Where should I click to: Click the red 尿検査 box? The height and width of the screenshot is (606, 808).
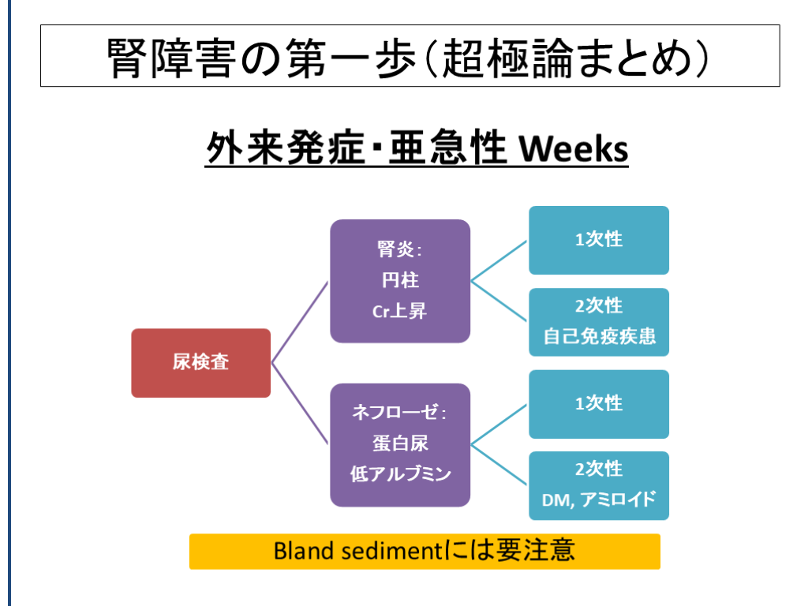pos(200,363)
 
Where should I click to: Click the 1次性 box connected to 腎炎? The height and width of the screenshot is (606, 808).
pos(599,240)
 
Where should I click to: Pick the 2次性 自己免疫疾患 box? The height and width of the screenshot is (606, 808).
pos(599,322)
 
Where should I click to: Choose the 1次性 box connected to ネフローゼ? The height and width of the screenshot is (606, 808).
pos(599,404)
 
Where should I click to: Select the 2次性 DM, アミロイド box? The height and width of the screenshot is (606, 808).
pos(599,485)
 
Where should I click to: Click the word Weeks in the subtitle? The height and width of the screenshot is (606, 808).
pos(572,149)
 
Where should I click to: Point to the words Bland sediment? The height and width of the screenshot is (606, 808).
pos(355,551)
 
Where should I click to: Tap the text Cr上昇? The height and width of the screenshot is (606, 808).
pos(400,311)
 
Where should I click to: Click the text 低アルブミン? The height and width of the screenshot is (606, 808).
pos(400,474)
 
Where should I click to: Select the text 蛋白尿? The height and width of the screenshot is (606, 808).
pos(400,443)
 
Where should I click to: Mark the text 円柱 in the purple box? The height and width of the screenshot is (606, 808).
pos(400,281)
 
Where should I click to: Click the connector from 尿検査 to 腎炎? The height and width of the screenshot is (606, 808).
pos(301,322)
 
